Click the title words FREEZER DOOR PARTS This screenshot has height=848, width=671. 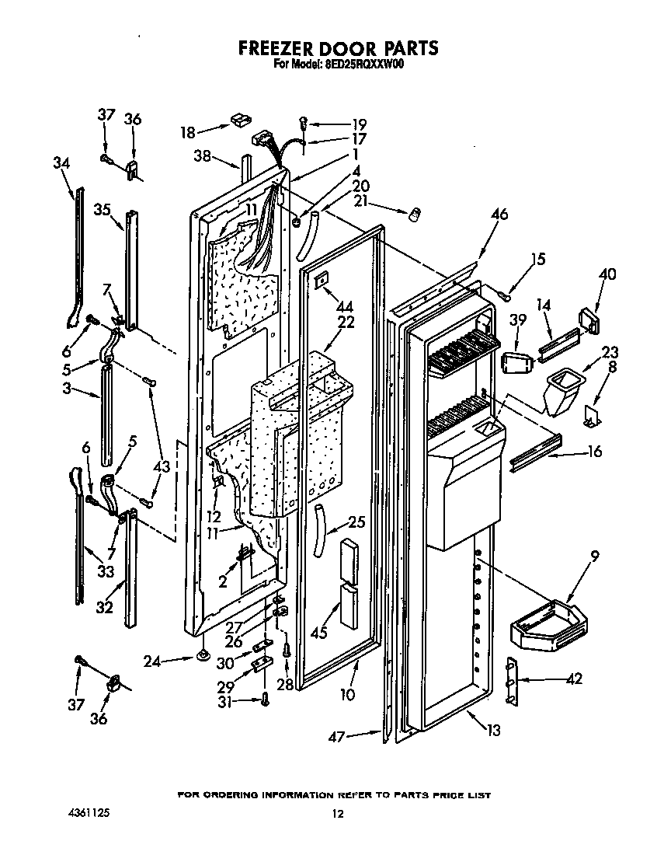click(338, 48)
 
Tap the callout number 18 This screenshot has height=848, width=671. click(188, 132)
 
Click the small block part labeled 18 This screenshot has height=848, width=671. click(238, 120)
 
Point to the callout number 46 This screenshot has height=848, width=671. click(499, 215)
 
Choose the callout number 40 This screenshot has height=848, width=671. click(608, 274)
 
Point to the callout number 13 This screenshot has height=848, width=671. click(492, 730)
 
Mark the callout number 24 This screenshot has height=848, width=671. click(153, 661)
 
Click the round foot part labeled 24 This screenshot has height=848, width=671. click(203, 657)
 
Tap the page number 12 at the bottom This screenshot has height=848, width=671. click(336, 814)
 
